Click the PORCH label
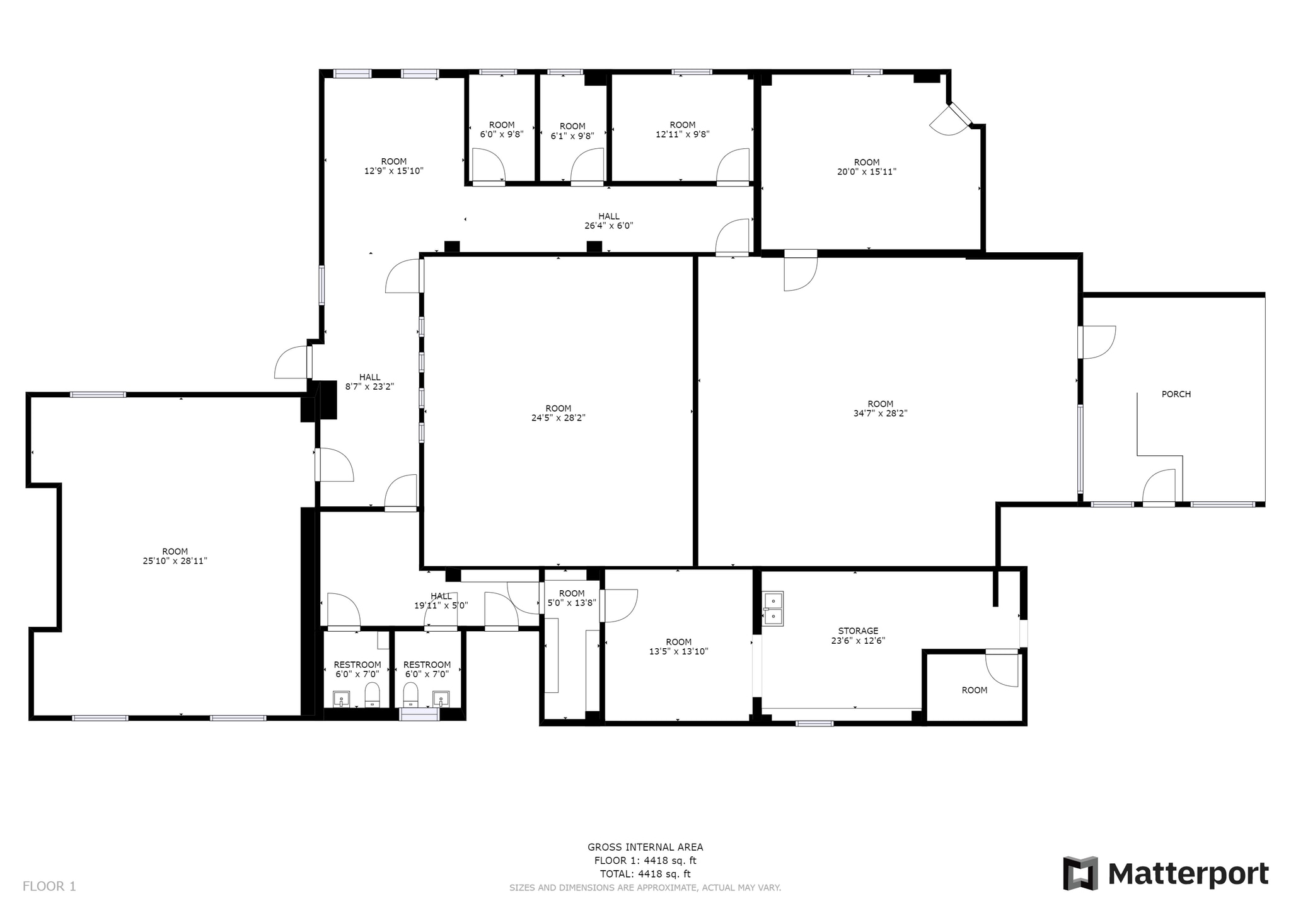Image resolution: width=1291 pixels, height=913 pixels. pyautogui.click(x=1176, y=394)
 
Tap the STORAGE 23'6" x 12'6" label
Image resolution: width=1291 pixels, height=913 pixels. pyautogui.click(x=858, y=636)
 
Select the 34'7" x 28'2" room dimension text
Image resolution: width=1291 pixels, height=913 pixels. pyautogui.click(x=880, y=414)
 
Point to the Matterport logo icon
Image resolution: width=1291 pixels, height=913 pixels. pyautogui.click(x=1080, y=873)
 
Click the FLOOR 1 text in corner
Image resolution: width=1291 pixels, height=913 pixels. pyautogui.click(x=49, y=886)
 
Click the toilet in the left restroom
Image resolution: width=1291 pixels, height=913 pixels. pyautogui.click(x=373, y=695)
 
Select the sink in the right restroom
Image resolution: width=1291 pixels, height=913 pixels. pyautogui.click(x=441, y=698)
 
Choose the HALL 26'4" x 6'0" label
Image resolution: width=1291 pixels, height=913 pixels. pyautogui.click(x=608, y=221)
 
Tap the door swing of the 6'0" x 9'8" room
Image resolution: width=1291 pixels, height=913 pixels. pyautogui.click(x=488, y=165)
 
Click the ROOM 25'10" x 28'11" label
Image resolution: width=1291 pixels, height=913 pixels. pyautogui.click(x=175, y=555)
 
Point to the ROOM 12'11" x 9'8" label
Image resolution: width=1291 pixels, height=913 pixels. pyautogui.click(x=682, y=129)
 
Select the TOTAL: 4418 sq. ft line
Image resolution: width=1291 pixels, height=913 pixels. pyautogui.click(x=645, y=874)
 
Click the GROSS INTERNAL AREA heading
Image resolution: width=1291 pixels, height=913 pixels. pyautogui.click(x=645, y=847)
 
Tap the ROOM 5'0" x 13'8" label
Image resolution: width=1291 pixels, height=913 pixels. pyautogui.click(x=572, y=598)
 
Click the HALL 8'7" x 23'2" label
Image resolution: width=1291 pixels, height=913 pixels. pyautogui.click(x=369, y=382)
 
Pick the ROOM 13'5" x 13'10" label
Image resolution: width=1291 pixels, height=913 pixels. pyautogui.click(x=678, y=646)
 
